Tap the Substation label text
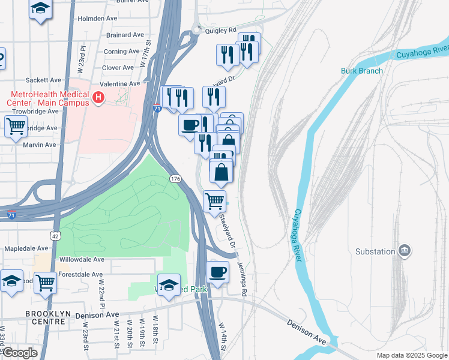pos(375,251)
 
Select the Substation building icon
pos(405,250)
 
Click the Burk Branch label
pos(361,71)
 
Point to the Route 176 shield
pos(175,179)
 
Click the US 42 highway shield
pos(55,220)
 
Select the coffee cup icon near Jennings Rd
pos(217,271)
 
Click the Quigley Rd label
pos(221,29)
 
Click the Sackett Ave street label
pos(44,80)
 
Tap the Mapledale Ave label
pos(26,248)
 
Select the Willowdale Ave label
pos(82,260)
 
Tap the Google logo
pos(20,353)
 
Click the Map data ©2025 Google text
pos(411,355)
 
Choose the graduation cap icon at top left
pos(40,9)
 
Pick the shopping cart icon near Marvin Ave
pos(16,127)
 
